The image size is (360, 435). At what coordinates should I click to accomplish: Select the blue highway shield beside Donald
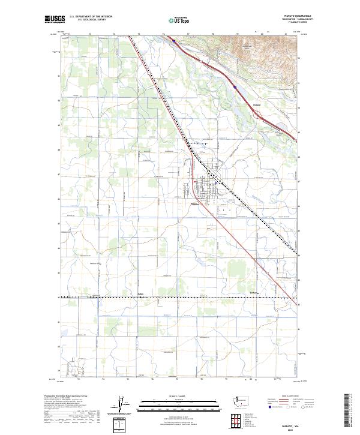236,88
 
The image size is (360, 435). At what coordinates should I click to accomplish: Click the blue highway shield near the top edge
173,41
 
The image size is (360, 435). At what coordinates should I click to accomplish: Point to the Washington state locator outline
244,401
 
